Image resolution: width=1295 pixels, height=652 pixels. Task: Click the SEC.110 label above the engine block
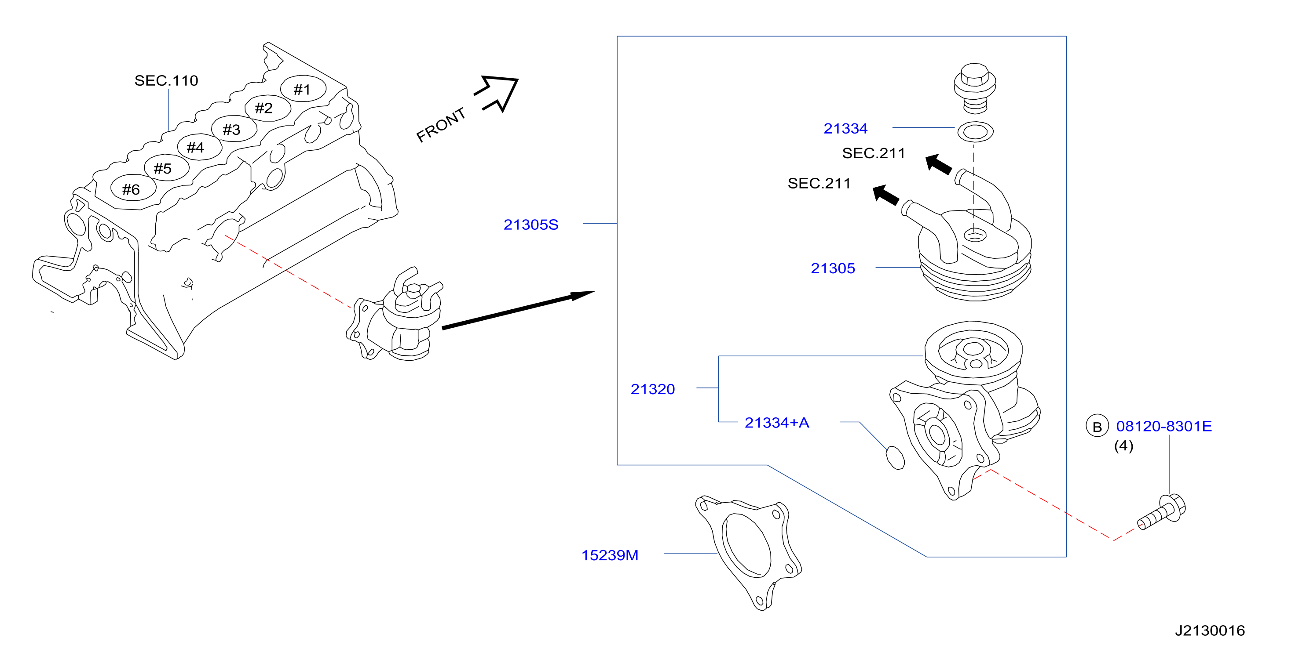[x=166, y=80]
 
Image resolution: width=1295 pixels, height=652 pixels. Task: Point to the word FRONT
[x=441, y=125]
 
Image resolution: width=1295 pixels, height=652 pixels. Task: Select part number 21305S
[x=531, y=224]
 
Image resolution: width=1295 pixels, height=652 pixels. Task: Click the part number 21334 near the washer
[x=845, y=128]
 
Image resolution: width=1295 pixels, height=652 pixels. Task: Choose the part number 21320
[x=652, y=389]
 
